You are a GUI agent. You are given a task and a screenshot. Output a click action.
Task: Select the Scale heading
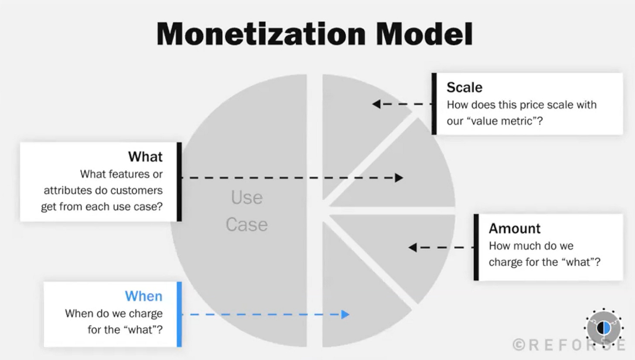point(464,87)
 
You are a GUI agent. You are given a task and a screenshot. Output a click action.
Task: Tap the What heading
point(145,157)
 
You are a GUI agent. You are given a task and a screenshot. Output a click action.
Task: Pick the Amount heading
point(514,228)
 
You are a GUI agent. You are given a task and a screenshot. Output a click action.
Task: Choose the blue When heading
point(143,296)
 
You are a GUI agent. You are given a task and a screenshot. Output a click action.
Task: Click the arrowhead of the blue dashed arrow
point(345,314)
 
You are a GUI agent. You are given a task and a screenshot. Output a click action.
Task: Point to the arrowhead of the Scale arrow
point(376,104)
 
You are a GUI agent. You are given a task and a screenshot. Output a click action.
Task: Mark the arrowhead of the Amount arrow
point(413,247)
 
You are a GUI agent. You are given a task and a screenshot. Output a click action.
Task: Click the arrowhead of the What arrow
point(399,178)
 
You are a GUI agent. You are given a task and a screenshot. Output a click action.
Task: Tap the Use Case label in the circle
point(246,211)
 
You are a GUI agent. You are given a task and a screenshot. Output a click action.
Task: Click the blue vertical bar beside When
point(179,314)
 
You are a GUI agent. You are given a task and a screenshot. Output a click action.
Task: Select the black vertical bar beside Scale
point(434,103)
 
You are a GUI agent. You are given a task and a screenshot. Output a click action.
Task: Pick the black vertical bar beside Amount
point(476,247)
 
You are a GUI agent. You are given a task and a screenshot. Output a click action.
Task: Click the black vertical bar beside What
point(179,182)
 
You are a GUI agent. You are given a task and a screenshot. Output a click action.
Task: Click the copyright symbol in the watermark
point(519,345)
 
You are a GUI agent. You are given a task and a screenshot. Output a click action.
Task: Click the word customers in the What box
point(140,190)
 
